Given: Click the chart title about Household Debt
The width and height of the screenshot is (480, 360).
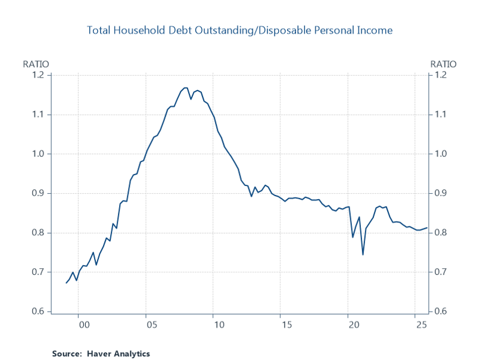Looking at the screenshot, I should (x=239, y=30).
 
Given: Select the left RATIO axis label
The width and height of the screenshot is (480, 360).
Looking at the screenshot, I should (x=35, y=64).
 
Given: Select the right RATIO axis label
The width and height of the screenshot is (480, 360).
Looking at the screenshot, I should (x=443, y=64).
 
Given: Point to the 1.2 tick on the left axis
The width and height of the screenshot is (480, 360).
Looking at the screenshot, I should (x=39, y=75).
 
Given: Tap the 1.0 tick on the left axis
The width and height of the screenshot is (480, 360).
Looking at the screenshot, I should (x=39, y=154).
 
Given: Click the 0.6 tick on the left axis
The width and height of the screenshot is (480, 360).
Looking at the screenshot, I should (x=39, y=312).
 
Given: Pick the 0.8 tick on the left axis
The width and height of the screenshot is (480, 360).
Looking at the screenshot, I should (x=39, y=232).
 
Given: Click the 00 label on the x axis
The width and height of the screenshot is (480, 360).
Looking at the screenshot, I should (x=84, y=325).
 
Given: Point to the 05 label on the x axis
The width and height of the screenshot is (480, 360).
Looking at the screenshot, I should (x=151, y=325).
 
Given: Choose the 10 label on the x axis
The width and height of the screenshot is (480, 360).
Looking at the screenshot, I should (x=219, y=325).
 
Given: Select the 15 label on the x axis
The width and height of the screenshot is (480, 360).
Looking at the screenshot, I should (x=286, y=325).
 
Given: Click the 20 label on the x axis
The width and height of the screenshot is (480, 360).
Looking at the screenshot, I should (x=354, y=325).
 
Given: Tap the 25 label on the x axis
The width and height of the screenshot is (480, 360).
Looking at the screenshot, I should (x=421, y=325).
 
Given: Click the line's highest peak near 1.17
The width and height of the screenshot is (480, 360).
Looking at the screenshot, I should (x=185, y=88).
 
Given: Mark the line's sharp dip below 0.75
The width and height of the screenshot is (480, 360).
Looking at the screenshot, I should (x=363, y=255).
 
